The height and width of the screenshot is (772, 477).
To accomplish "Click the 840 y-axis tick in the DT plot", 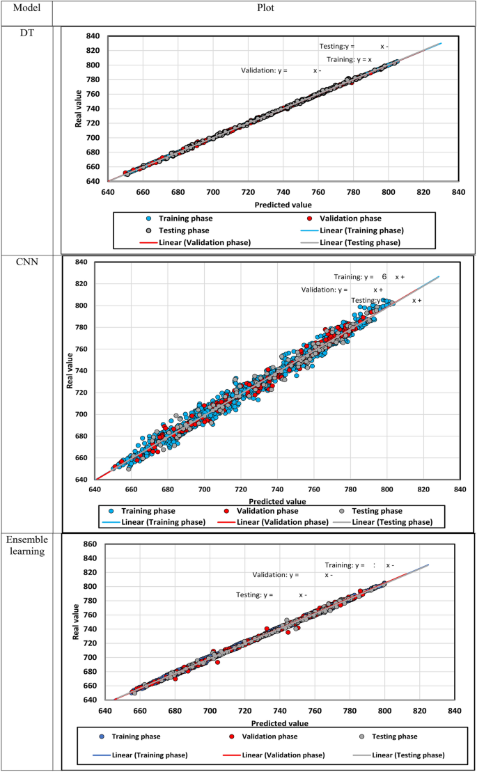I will [x=93, y=36].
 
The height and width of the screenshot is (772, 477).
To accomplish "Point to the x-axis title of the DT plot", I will [x=283, y=204].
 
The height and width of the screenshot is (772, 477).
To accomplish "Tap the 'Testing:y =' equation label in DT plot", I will [x=336, y=47].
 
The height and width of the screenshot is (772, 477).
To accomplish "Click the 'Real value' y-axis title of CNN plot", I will [x=70, y=372].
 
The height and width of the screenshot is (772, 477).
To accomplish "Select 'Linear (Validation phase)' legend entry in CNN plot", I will [x=283, y=522].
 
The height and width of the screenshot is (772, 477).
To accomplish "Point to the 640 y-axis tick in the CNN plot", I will [x=81, y=480].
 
